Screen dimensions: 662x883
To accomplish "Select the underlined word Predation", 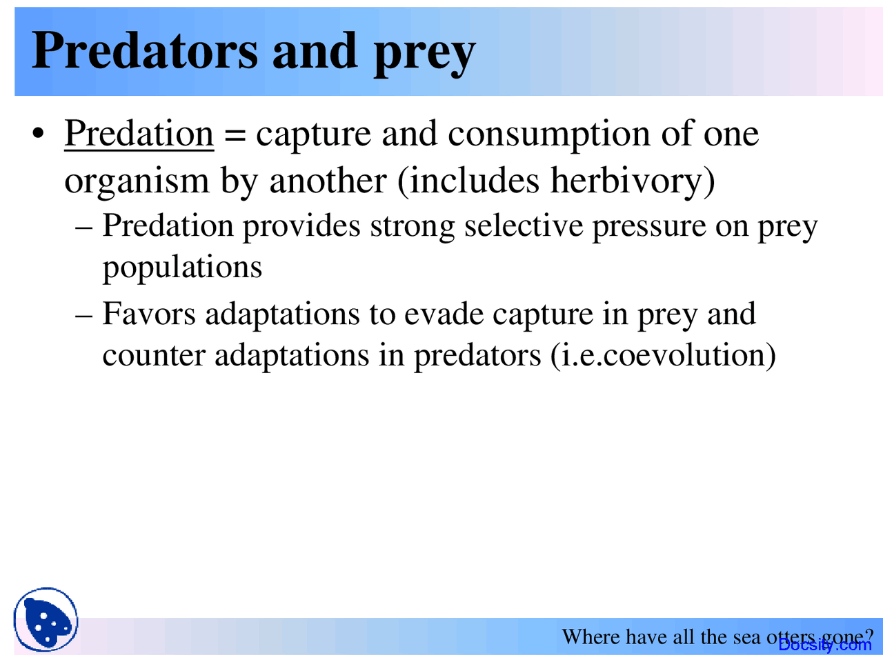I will coord(139,133).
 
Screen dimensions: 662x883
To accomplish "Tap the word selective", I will coord(523,226).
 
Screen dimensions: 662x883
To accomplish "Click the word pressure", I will coord(648,228).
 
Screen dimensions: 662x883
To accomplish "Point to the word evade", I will coord(443,314).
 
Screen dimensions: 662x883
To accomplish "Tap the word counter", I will coord(153,356).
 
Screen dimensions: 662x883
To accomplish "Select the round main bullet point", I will coord(39,133).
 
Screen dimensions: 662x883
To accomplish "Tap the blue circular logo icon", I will coord(46,620).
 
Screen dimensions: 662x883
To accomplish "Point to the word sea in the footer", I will coord(746,636).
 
